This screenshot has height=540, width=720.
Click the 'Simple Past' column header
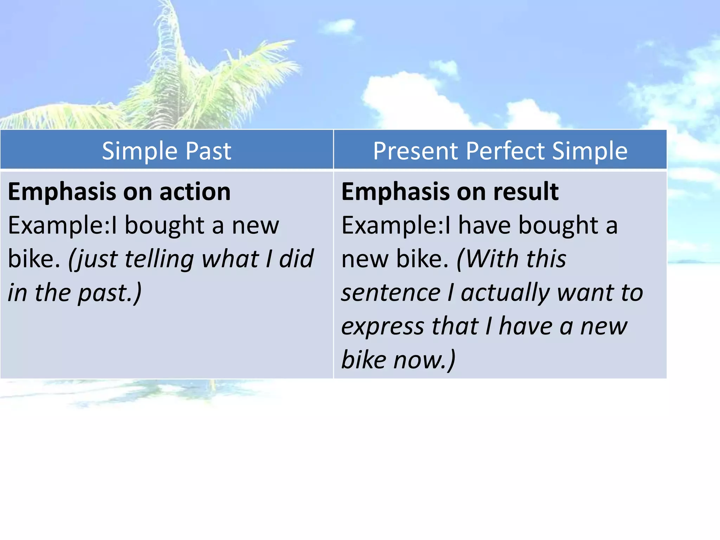pos(167,151)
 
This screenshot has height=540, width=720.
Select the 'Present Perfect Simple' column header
pos(500,151)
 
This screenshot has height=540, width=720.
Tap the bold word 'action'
pos(195,192)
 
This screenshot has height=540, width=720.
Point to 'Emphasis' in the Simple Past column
pos(62,192)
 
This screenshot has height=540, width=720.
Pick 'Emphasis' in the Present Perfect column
pos(396,192)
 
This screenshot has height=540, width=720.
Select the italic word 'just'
pos(92,259)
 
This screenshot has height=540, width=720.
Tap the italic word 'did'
pos(296,259)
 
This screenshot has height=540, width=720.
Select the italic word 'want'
pos(584,293)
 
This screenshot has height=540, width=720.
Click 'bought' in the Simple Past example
pos(165,226)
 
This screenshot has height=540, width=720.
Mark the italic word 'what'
pos(230,259)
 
